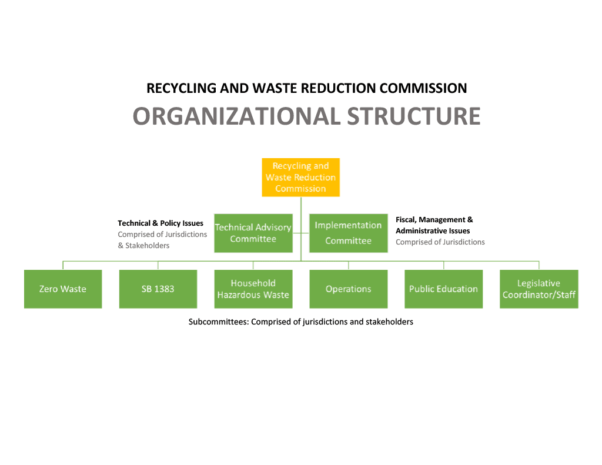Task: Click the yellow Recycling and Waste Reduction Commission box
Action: [x=300, y=177]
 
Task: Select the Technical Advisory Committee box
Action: [x=253, y=233]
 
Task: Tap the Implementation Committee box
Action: [x=348, y=233]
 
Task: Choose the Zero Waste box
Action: [x=63, y=289]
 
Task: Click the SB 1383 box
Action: [x=158, y=289]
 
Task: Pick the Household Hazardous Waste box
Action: [x=253, y=289]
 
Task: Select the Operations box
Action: [x=348, y=289]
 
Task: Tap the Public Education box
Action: [x=443, y=289]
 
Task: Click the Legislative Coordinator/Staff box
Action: [x=539, y=289]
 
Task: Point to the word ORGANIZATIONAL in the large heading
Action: [x=236, y=116]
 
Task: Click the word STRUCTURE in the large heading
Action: [x=413, y=116]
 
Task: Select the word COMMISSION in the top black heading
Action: [x=423, y=88]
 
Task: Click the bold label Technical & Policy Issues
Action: [x=160, y=223]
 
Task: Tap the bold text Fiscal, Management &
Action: [x=434, y=220]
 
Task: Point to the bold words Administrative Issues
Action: [x=433, y=231]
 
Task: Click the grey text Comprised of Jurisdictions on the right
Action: [x=440, y=242]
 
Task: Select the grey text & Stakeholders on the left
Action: [x=143, y=246]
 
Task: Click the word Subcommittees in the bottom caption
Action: [x=218, y=322]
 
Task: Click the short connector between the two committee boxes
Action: [x=301, y=233]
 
